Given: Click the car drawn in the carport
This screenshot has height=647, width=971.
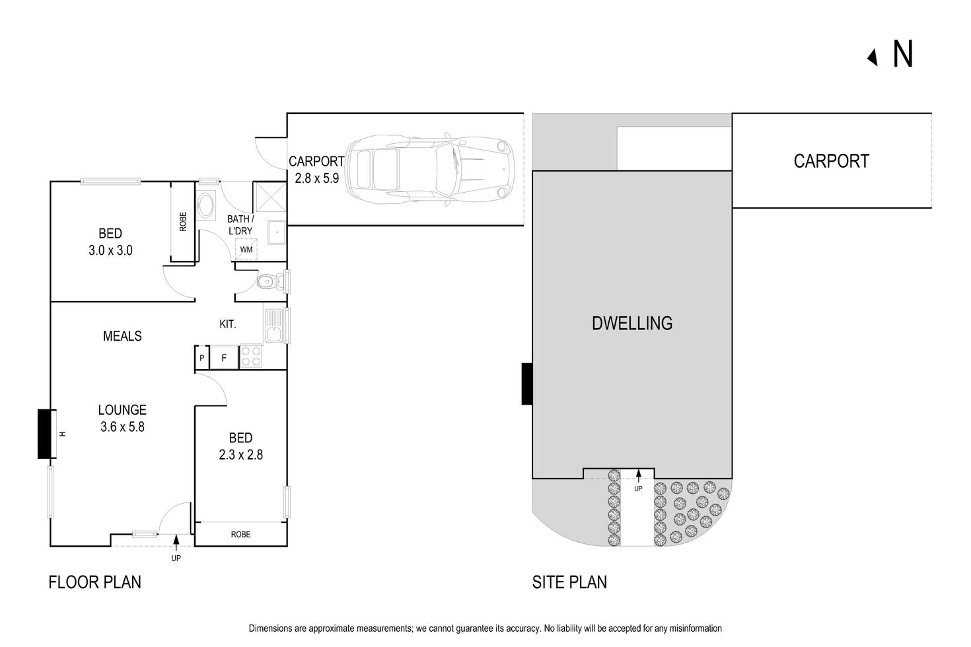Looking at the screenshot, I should coord(429,169).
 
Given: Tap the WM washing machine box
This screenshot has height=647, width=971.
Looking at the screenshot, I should coord(246,250).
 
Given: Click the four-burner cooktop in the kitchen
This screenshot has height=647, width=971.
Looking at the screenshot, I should coord(250,357).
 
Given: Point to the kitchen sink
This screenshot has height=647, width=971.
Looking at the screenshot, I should coord(273,325).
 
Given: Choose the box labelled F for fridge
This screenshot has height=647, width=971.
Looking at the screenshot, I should coord(224,358).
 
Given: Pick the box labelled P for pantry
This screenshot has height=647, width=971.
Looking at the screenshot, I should coord(202,358).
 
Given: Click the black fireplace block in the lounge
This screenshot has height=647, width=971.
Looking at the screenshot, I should coord(44,434).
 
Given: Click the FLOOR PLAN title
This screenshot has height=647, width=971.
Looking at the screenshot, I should coord(94,582).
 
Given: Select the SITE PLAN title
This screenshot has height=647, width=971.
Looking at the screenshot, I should coord(569,582).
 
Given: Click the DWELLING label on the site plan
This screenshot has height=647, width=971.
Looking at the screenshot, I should coord(632,323).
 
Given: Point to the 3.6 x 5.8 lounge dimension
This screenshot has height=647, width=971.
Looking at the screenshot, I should coord(122,426).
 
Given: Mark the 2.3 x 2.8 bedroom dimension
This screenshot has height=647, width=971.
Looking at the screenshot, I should coord(240,454).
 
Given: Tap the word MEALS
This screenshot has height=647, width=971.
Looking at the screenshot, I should coord(122,336).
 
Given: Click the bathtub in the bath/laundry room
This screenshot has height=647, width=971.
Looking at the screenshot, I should coord(206,206).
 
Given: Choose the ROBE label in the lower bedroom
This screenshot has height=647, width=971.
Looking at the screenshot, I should coord(240,534).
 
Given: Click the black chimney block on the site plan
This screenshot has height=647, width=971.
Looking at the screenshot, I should coord(526,384).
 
